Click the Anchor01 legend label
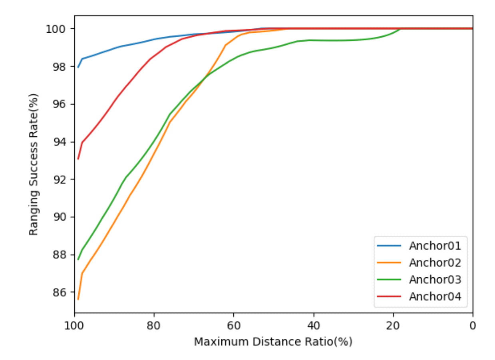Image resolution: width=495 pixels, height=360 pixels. (435, 246)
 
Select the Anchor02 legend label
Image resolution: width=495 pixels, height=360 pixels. (435, 263)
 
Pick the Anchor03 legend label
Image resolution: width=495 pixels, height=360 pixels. (435, 280)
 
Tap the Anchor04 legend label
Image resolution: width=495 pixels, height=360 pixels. (435, 297)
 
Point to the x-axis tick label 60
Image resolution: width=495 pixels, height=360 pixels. (234, 325)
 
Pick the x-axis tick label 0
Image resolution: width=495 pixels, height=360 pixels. (473, 325)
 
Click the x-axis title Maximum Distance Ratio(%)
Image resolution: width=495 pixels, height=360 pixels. (273, 342)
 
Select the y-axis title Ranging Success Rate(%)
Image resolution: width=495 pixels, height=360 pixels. (34, 164)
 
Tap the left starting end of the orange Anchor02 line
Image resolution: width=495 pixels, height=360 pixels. (78, 299)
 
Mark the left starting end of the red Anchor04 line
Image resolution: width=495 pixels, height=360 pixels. (78, 159)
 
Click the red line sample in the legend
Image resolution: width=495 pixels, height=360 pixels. (389, 297)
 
